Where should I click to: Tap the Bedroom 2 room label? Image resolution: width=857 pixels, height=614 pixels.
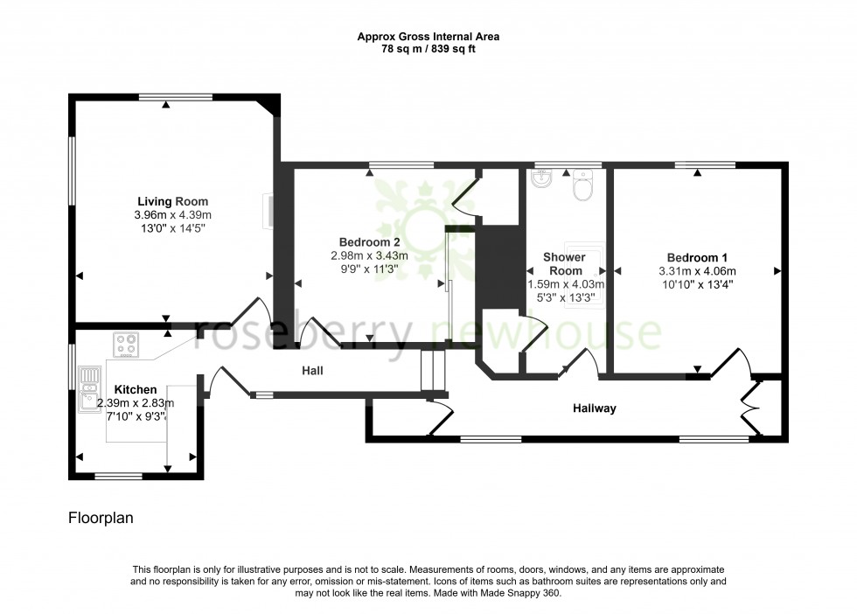tap(370, 241)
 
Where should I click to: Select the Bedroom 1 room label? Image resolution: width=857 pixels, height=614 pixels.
tap(697, 257)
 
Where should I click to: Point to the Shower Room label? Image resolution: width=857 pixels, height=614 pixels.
tap(564, 263)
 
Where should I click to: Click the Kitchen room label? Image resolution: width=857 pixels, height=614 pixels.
tap(136, 389)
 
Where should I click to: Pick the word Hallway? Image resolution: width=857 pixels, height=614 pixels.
tap(595, 408)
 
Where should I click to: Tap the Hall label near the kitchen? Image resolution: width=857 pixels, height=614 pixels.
tap(312, 371)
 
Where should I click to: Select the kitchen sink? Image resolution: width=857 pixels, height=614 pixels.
tap(88, 390)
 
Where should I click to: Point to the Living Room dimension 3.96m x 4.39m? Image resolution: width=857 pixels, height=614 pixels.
tap(173, 215)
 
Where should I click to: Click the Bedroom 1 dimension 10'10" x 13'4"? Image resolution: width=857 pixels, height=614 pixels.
tap(697, 283)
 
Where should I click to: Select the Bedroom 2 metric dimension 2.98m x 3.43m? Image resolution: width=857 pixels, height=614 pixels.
tap(370, 255)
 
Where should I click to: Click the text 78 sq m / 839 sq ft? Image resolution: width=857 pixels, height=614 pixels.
tap(428, 49)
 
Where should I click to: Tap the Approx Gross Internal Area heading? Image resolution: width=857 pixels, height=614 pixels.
tap(428, 37)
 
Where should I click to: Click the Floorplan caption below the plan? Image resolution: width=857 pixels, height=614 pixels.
tap(100, 518)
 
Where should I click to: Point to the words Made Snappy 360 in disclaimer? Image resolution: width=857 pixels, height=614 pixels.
tap(525, 593)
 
